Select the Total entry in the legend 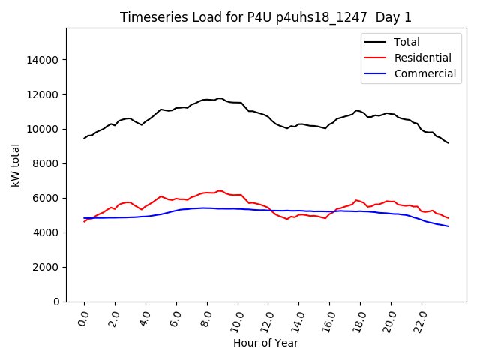coord(407,42)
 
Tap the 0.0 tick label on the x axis coord(84,319)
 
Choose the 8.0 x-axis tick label coord(206,319)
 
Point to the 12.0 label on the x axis coord(268,319)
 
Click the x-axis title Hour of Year coord(265,343)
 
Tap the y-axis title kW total coord(15,165)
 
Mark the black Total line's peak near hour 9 coord(220,97)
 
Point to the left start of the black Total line coord(84,139)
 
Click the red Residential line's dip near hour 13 coord(286,219)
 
